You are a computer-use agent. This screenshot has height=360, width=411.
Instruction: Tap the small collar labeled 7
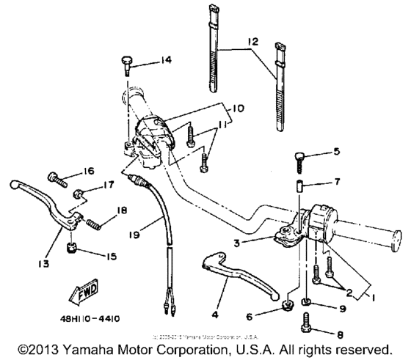[x=299, y=181]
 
